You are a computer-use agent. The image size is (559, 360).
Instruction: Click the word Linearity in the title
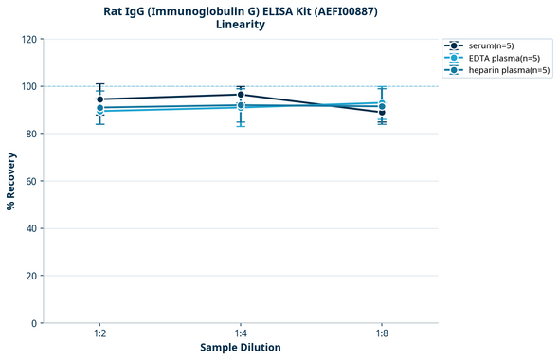tap(241, 25)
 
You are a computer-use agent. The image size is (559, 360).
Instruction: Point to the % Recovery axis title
tap(11, 180)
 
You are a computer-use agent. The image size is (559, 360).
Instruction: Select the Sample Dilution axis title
tap(241, 348)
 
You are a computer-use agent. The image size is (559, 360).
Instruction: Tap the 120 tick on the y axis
tap(28, 39)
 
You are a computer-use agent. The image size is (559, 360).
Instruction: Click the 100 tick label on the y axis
tap(28, 86)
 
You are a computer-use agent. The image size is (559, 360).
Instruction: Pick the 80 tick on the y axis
tap(31, 134)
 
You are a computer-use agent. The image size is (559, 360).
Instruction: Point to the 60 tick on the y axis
tap(31, 181)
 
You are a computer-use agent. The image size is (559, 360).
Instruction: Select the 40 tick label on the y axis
tap(31, 228)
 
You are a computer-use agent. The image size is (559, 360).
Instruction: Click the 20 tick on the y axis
tap(31, 276)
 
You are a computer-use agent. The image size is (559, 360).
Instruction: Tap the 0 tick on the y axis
tap(34, 323)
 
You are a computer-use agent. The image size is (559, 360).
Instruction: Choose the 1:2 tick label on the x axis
tap(99, 334)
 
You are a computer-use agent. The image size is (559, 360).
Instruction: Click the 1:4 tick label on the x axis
tap(241, 334)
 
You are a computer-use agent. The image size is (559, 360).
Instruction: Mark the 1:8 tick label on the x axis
tap(382, 334)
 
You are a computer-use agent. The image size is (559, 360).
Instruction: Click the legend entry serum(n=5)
tap(491, 45)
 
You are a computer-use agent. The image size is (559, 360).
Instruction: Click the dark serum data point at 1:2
tap(99, 99)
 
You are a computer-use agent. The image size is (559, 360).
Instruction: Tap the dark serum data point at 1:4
tap(241, 95)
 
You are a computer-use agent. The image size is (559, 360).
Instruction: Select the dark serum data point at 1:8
tap(382, 113)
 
